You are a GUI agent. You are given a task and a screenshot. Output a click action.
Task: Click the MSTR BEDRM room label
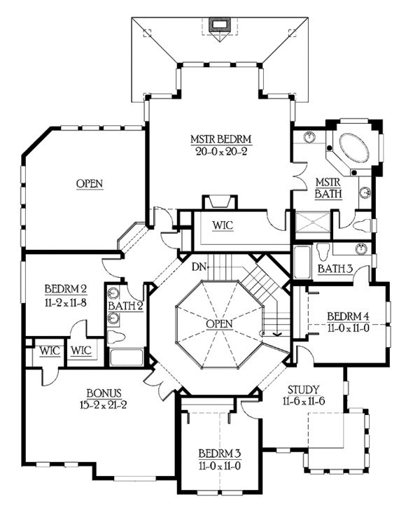221,139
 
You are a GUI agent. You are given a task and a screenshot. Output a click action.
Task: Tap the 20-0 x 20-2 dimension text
221,151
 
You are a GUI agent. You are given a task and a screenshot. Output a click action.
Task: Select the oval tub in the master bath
355,150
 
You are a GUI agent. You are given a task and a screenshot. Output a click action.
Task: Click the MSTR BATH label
328,188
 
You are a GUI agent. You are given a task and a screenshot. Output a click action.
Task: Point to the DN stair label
199,267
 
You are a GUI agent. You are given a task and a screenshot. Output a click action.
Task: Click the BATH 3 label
335,269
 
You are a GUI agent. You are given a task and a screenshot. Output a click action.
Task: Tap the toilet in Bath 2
117,337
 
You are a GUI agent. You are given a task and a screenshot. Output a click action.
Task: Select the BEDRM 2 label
66,289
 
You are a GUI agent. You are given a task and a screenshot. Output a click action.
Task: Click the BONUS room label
104,393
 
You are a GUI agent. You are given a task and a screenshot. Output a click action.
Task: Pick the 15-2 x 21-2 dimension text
103,405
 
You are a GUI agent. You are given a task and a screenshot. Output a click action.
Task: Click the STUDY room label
304,389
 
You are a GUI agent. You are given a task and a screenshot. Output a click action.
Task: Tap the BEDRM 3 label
220,454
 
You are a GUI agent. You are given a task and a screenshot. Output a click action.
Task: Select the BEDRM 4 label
349,316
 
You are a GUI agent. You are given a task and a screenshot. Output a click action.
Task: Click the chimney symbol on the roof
218,24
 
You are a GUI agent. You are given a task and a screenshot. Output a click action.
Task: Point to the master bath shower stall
313,222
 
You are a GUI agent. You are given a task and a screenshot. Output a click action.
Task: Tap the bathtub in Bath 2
127,357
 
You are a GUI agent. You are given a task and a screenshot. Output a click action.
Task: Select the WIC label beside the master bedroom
223,225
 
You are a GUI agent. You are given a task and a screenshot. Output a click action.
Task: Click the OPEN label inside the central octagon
219,324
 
